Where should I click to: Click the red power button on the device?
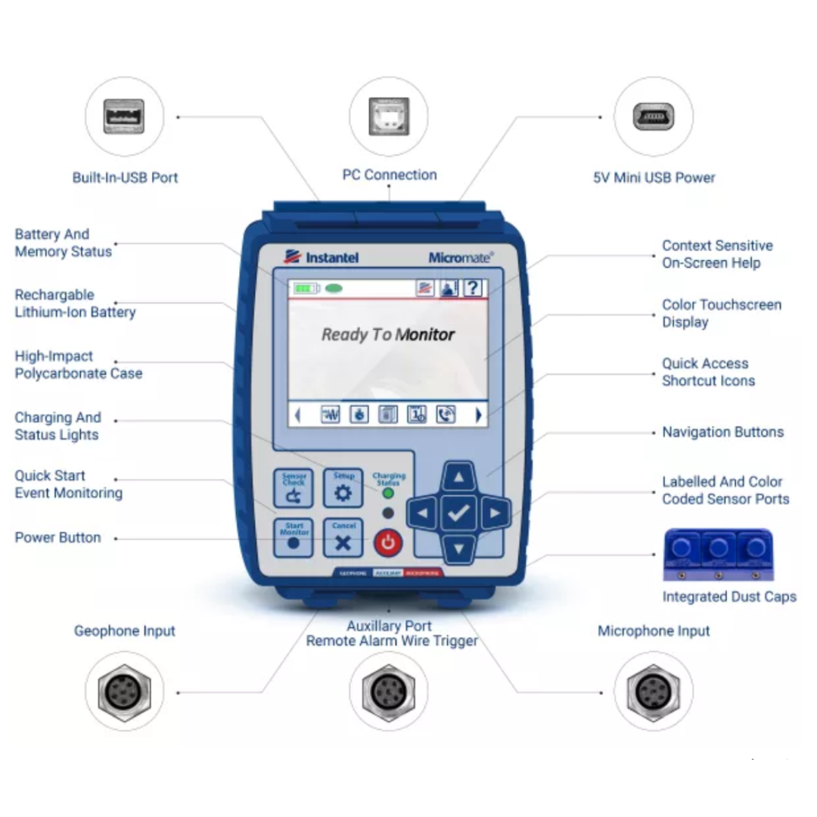click(387, 542)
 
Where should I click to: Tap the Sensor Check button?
click(294, 488)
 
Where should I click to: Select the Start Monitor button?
click(294, 537)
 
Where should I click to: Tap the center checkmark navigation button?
click(458, 514)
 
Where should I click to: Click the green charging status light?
click(388, 494)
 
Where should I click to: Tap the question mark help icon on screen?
click(473, 287)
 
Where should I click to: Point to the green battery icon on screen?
click(306, 288)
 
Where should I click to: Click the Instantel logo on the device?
click(321, 257)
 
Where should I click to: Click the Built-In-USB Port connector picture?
click(124, 117)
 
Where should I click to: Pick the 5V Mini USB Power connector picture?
click(653, 117)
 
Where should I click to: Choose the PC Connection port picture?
click(388, 117)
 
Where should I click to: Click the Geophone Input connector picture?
click(124, 691)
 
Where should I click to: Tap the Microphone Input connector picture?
click(653, 691)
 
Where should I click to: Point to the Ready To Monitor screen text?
click(388, 334)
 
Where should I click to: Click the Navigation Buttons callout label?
click(722, 432)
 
